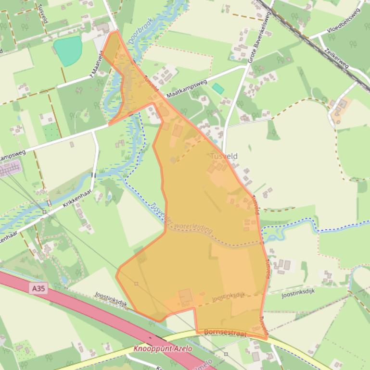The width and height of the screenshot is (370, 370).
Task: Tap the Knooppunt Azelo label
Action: pyautogui.click(x=163, y=348)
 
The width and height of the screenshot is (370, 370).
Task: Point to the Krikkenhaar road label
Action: pyautogui.click(x=77, y=204)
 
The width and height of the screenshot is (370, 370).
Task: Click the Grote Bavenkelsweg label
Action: pyautogui.click(x=260, y=38)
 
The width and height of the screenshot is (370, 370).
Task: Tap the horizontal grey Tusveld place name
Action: pyautogui.click(x=224, y=156)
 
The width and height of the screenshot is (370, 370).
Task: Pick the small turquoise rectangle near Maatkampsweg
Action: pyautogui.click(x=218, y=88)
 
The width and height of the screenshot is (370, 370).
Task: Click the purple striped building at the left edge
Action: pyautogui.click(x=10, y=169)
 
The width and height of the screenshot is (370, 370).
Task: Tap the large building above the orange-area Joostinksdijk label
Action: pyautogui.click(x=185, y=297)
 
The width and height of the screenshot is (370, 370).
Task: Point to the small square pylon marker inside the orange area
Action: pyautogui.click(x=136, y=284)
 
